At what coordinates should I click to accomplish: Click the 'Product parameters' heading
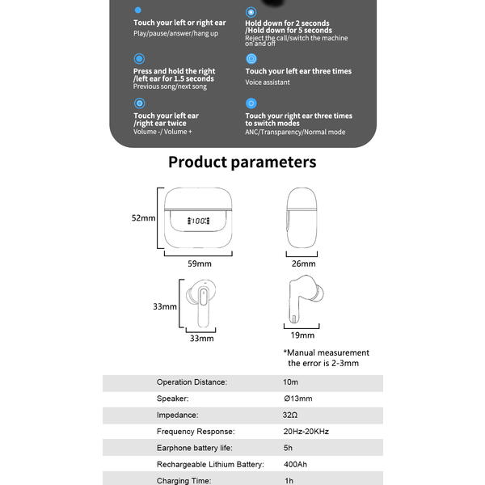[x=242, y=162]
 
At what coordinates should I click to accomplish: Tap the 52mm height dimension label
[x=143, y=218]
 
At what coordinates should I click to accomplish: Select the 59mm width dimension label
[x=199, y=264]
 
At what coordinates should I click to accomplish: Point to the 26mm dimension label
[x=303, y=264]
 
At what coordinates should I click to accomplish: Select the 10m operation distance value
[x=290, y=382]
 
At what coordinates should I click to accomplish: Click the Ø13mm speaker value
[x=297, y=399]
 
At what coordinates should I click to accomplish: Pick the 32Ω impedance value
[x=290, y=415]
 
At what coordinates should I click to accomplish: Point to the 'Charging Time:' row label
[x=183, y=481]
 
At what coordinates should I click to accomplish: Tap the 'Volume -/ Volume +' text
[x=162, y=132]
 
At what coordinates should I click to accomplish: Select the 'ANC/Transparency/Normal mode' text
[x=295, y=132]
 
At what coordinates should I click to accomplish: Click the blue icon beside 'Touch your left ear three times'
[x=251, y=59]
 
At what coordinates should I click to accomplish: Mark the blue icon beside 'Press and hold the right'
[x=139, y=59]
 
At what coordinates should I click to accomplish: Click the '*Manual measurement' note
[x=326, y=352]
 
